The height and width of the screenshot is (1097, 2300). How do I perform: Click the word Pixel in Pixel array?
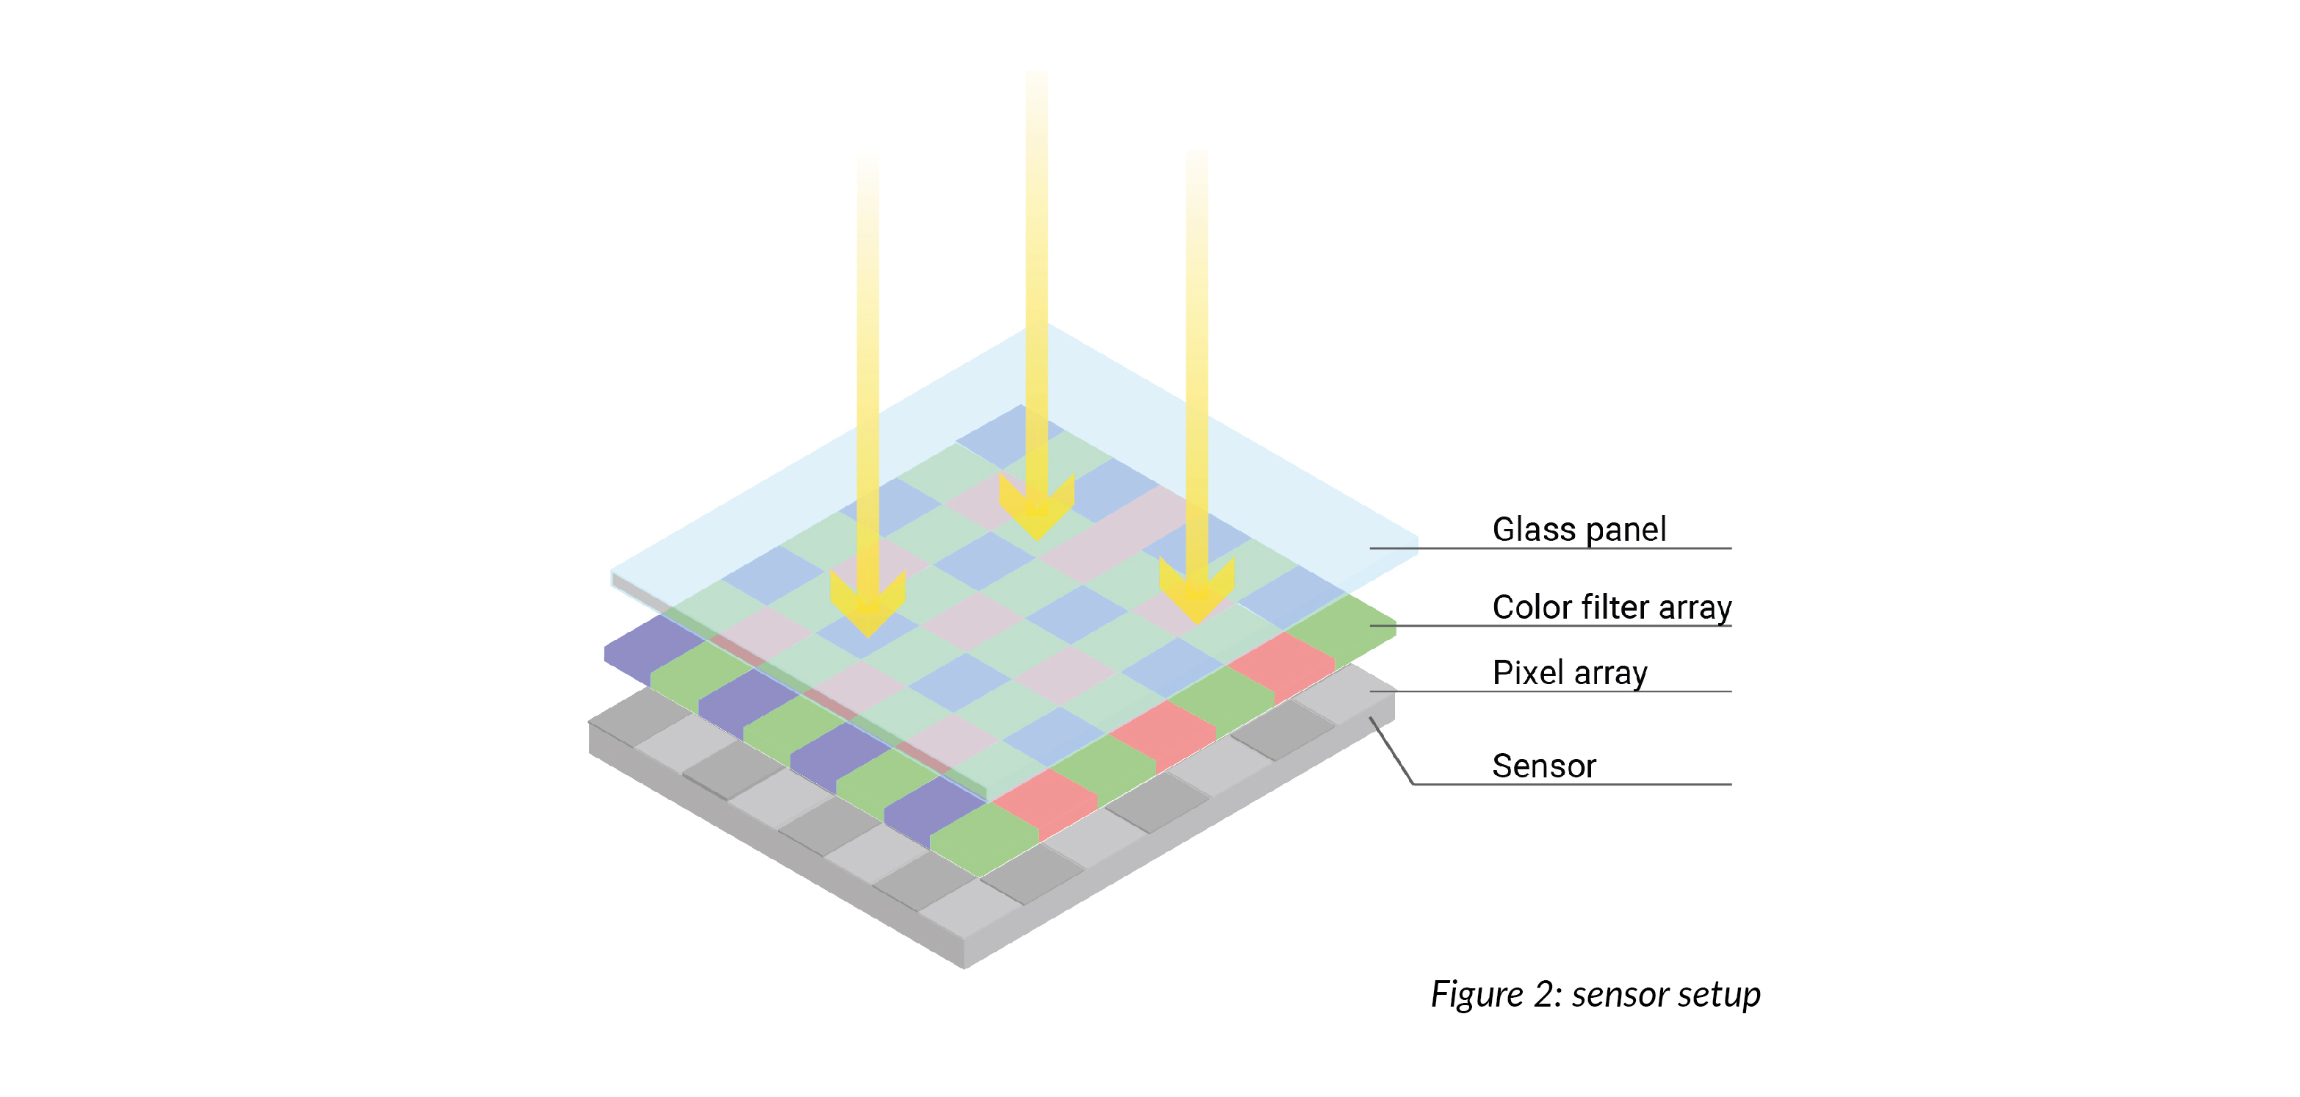(1525, 672)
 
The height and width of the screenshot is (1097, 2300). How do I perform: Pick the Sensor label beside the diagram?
(1544, 766)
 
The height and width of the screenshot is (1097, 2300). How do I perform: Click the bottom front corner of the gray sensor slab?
(965, 966)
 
